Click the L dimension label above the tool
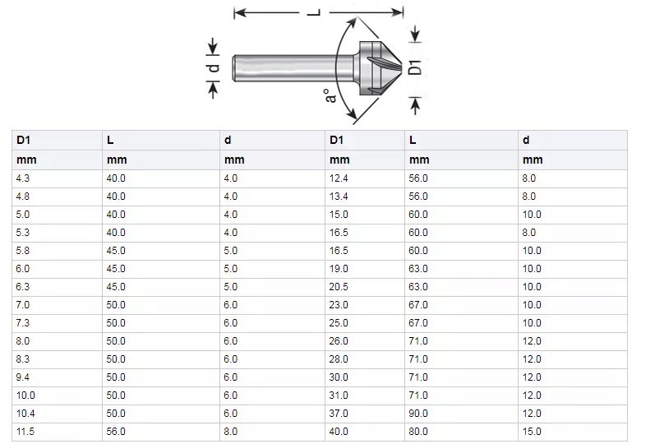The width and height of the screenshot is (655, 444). [312, 12]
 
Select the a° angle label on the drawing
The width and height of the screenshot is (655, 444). [330, 95]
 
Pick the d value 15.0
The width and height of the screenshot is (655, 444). [532, 430]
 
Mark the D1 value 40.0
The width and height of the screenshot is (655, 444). [339, 430]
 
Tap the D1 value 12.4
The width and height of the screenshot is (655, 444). [339, 178]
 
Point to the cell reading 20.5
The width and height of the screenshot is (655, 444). [339, 287]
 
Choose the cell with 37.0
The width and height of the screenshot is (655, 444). [339, 412]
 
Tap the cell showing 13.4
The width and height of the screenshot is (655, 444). [339, 197]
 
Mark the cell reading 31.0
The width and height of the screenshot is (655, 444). [339, 395]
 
